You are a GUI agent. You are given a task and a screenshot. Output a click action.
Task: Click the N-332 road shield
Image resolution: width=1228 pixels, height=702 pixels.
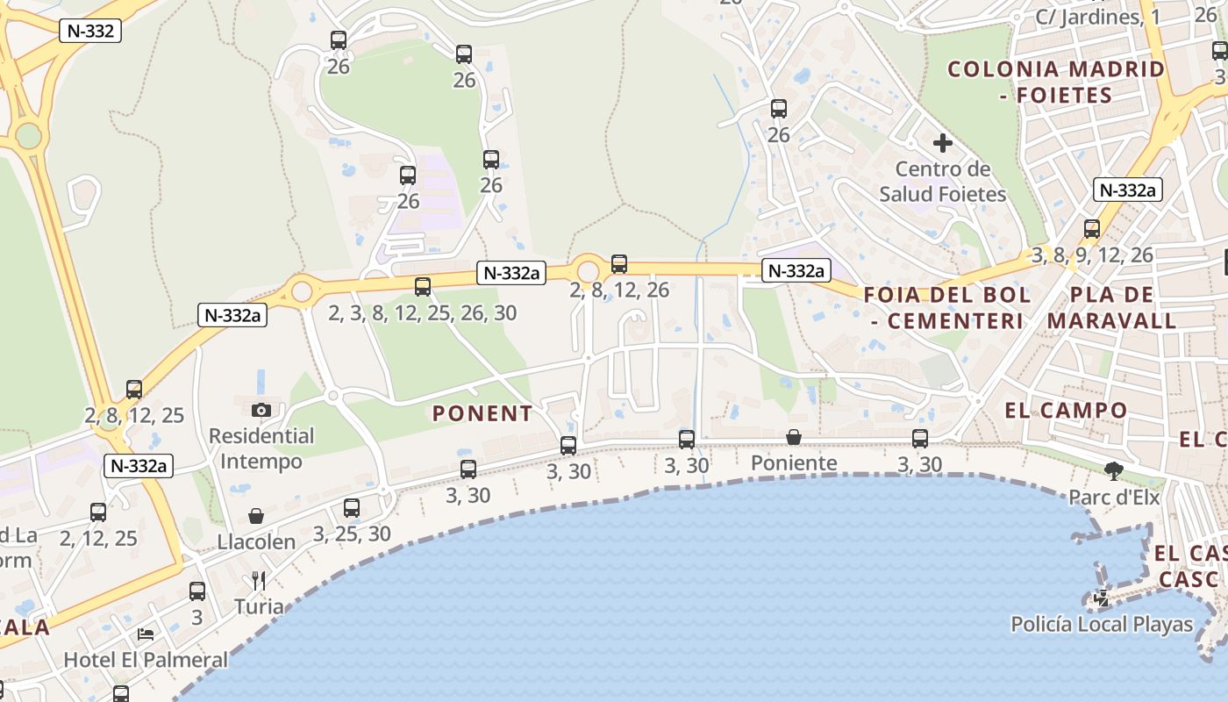(89, 32)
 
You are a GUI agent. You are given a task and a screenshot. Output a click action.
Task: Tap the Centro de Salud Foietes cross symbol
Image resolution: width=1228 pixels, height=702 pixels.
(943, 142)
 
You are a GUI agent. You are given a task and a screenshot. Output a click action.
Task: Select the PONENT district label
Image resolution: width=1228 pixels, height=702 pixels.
(482, 413)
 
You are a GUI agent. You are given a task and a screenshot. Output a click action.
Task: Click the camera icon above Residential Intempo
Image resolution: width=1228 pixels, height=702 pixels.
(261, 410)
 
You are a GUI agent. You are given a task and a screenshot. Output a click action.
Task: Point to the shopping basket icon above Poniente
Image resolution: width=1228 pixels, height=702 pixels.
(794, 437)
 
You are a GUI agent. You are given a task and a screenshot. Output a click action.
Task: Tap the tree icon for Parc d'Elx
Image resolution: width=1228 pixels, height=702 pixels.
(1114, 471)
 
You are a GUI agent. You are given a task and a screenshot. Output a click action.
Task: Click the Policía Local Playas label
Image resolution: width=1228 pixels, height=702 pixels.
(1102, 624)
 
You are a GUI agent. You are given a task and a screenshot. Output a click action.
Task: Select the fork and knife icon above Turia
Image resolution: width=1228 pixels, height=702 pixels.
(258, 581)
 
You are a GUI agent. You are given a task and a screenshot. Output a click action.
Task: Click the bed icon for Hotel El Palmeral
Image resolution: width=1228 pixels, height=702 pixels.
(146, 634)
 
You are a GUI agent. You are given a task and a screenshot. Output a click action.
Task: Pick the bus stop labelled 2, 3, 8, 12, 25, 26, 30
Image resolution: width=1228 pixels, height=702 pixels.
(423, 286)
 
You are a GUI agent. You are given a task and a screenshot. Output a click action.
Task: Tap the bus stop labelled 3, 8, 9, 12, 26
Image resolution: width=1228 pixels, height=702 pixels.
(1092, 229)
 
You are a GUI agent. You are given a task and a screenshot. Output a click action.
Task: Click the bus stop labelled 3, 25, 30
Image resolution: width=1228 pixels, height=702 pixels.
(352, 507)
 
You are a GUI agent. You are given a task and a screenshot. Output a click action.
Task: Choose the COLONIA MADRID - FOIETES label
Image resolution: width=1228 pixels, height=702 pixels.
(1056, 82)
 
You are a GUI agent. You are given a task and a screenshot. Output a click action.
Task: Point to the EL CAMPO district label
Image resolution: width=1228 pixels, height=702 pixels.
(1066, 410)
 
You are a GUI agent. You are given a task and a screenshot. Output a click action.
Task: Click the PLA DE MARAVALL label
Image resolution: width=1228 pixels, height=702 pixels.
(1111, 307)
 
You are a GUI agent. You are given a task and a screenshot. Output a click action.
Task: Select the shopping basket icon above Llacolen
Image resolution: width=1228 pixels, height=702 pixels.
(256, 516)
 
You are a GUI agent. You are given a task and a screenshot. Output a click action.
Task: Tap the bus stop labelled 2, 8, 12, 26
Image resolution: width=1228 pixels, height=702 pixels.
(619, 263)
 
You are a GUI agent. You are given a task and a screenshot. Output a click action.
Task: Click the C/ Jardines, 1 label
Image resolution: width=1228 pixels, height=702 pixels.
(1097, 17)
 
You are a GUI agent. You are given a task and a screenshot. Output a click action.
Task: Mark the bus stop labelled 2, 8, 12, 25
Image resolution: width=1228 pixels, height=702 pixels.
(134, 389)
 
